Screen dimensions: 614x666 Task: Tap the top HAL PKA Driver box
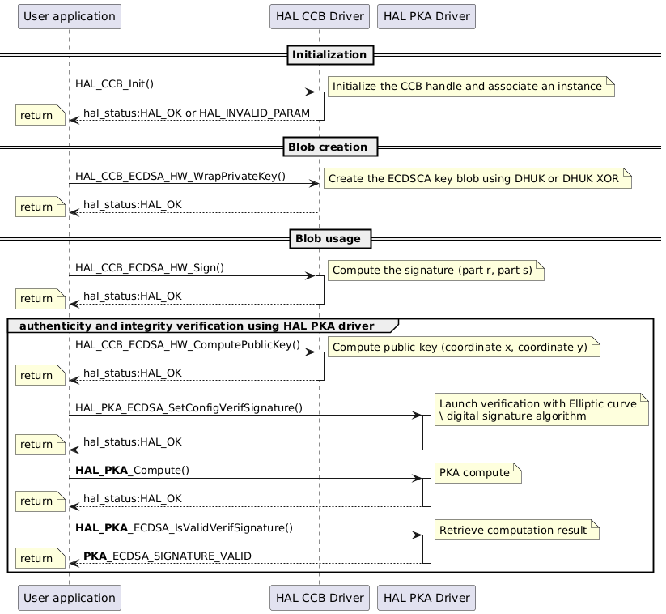pyautogui.click(x=426, y=15)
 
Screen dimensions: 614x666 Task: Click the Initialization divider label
pyautogui.click(x=329, y=55)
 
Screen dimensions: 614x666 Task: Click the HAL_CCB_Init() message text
pyautogui.click(x=114, y=84)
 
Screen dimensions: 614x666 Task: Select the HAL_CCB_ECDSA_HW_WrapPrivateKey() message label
pyautogui.click(x=180, y=177)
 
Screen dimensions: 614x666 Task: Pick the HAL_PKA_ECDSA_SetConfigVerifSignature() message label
pyautogui.click(x=189, y=407)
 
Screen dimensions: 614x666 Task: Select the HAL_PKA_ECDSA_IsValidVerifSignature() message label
pyautogui.click(x=184, y=528)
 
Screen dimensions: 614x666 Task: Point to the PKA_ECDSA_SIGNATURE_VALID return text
pyautogui.click(x=167, y=556)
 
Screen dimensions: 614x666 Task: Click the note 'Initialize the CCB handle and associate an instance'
pyautogui.click(x=470, y=86)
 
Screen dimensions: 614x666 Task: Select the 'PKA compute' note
pyautogui.click(x=477, y=472)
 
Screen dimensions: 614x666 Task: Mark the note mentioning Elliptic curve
pyautogui.click(x=541, y=410)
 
